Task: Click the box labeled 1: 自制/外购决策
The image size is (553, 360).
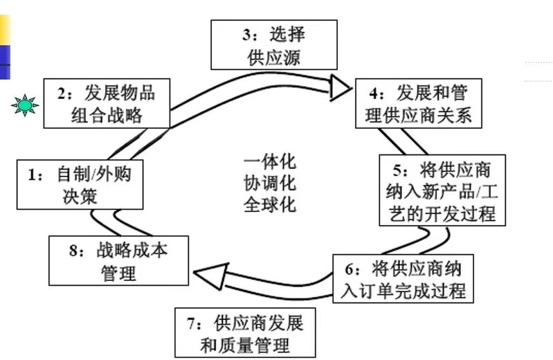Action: (79, 185)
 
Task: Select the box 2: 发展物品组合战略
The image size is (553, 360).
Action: (107, 103)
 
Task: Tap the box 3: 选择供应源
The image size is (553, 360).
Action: (274, 44)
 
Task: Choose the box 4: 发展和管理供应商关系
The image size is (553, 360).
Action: (418, 103)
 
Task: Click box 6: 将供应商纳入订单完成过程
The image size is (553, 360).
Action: (403, 278)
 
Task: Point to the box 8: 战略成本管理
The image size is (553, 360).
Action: (118, 261)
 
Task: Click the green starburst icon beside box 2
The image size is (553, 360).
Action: (25, 105)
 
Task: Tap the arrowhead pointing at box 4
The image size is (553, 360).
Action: (340, 87)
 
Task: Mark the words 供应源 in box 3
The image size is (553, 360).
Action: (274, 57)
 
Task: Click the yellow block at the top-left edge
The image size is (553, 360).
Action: (5, 28)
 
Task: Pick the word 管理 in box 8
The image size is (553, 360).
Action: (118, 272)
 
